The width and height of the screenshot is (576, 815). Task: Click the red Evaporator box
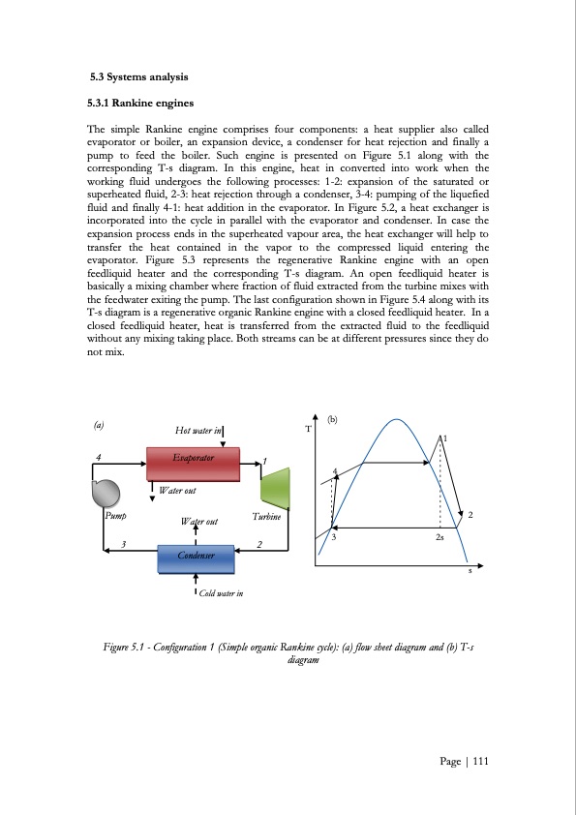pos(192,464)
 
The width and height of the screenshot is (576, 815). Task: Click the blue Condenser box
pos(197,558)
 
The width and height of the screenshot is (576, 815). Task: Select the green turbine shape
pos(275,488)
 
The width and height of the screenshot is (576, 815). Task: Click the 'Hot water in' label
pos(198,431)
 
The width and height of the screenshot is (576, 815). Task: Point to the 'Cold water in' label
pos(221,593)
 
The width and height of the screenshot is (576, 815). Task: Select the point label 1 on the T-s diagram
pos(445,438)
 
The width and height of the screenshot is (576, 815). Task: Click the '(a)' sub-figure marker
pos(99,424)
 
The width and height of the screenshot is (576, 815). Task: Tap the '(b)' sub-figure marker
pos(332,419)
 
